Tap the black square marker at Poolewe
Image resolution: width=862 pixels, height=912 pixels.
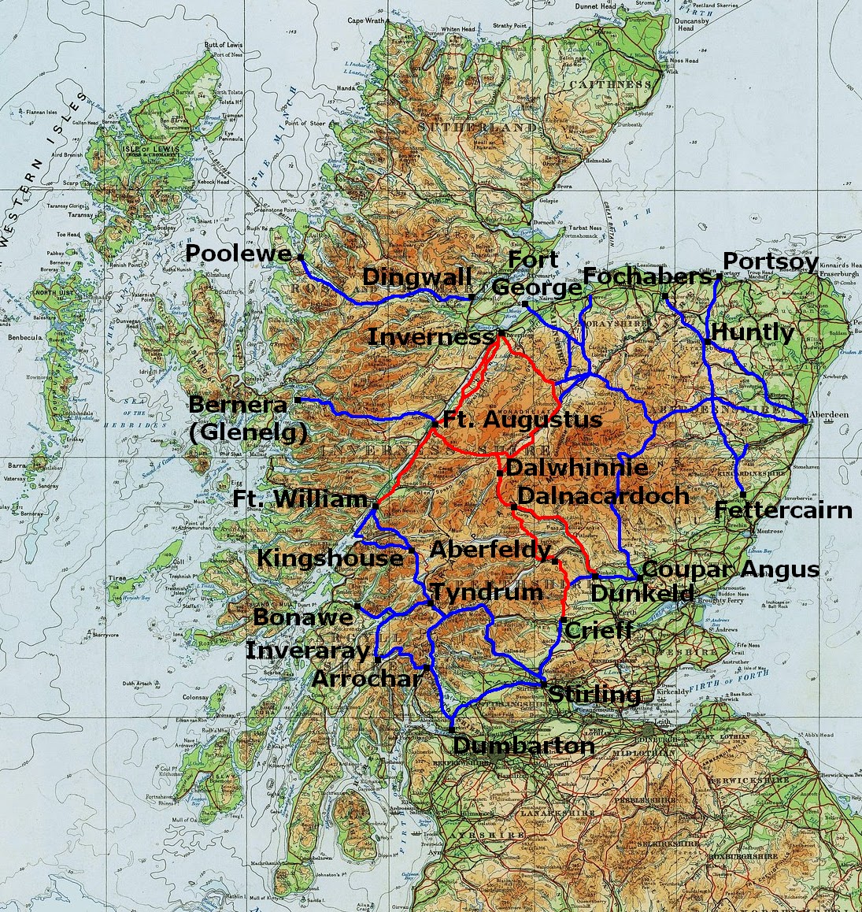(x=300, y=256)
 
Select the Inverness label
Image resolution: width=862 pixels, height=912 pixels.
(x=430, y=337)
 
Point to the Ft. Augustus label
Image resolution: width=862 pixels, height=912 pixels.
(x=523, y=420)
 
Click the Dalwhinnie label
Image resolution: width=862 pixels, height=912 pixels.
(x=577, y=468)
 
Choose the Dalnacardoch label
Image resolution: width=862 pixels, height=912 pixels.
(x=603, y=496)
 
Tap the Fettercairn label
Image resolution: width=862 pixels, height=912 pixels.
(x=783, y=510)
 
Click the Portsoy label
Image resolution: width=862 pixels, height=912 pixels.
(x=770, y=261)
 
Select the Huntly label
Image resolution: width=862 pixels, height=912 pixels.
(x=753, y=332)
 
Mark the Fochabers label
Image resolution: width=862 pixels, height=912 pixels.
(x=647, y=277)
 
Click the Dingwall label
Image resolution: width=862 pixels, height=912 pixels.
(x=417, y=277)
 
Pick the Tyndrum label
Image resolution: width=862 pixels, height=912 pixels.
(x=486, y=592)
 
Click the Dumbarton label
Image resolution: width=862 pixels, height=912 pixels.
(x=523, y=746)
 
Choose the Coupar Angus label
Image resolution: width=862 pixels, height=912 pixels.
(x=731, y=569)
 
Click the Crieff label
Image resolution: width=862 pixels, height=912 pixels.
(x=599, y=630)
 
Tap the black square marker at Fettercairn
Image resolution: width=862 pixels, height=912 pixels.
(x=743, y=494)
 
